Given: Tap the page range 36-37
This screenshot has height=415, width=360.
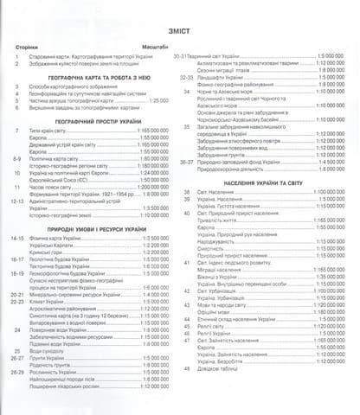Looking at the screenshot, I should point(188,161).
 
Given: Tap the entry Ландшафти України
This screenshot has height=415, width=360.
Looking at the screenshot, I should point(220,77).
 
